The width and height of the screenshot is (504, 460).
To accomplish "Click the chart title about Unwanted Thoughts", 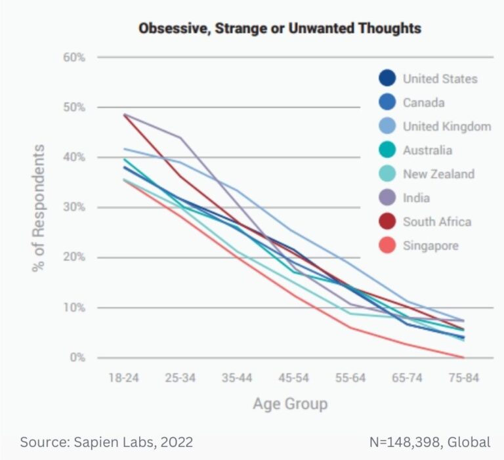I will (x=280, y=28).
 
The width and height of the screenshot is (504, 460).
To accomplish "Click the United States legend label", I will (x=440, y=79).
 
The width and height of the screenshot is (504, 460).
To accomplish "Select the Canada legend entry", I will (x=423, y=103).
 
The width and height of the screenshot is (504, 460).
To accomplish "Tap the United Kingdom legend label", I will (x=446, y=127).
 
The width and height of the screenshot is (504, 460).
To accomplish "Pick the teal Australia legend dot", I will (x=387, y=150).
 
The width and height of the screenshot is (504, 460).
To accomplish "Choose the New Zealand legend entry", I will (x=438, y=174).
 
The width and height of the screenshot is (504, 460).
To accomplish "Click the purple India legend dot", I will (x=387, y=198).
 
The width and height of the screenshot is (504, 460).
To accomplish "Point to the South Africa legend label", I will (x=437, y=222).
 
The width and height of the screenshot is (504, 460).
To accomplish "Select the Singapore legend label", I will (x=430, y=245).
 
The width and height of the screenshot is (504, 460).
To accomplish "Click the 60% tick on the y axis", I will (x=74, y=58).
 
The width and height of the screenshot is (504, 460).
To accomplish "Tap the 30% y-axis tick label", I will (x=74, y=207).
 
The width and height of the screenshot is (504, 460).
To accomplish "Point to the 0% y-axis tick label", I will (x=77, y=358).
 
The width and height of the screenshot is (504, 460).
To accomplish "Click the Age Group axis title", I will (x=290, y=403).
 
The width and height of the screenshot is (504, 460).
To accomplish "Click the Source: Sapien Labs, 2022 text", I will (x=106, y=442).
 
